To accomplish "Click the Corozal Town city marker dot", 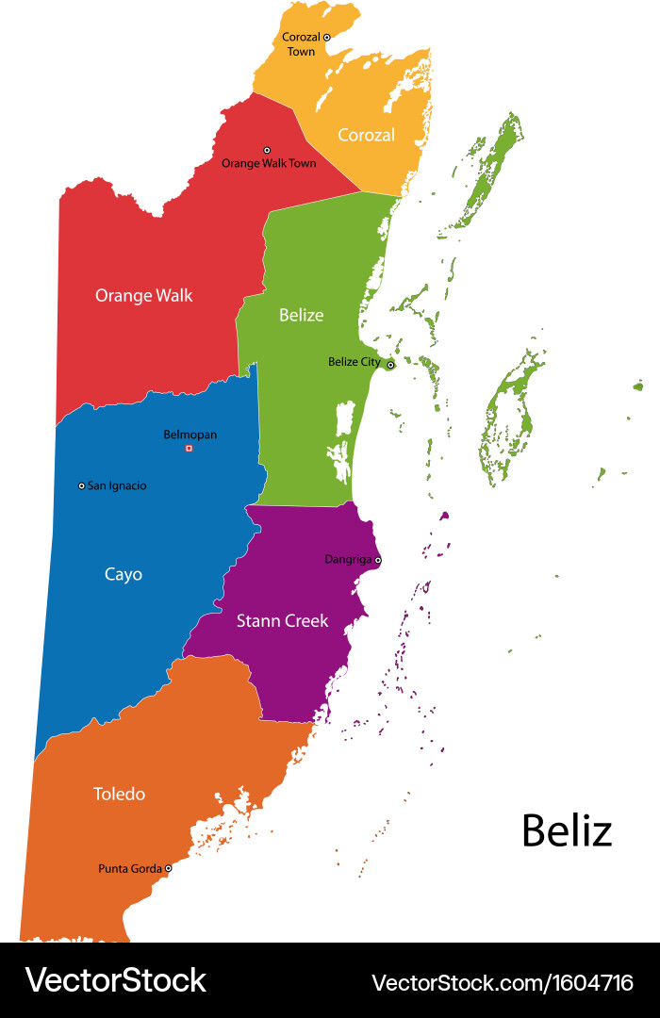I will [x=327, y=37].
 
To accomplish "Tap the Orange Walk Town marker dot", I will [x=267, y=150].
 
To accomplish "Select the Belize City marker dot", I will [x=390, y=364].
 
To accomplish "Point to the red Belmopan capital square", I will [x=189, y=448].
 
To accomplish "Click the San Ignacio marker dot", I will [x=81, y=485].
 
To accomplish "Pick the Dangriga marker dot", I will [x=378, y=560].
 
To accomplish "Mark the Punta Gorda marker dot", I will [x=168, y=868].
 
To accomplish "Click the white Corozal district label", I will [x=366, y=135].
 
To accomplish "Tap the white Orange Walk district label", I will [x=143, y=295].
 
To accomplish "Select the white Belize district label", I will [x=301, y=315].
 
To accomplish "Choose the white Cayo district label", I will [x=124, y=574].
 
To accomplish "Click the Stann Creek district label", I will [x=282, y=620].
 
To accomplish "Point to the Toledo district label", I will [x=119, y=794].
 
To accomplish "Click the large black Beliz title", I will [x=567, y=830].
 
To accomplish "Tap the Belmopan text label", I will [x=190, y=435].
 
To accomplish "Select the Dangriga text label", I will [x=349, y=559].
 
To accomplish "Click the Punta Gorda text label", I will [x=130, y=868].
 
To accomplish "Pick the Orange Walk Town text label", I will [x=269, y=163].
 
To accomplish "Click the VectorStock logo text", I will [x=115, y=980].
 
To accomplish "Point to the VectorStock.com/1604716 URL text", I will [x=503, y=982].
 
